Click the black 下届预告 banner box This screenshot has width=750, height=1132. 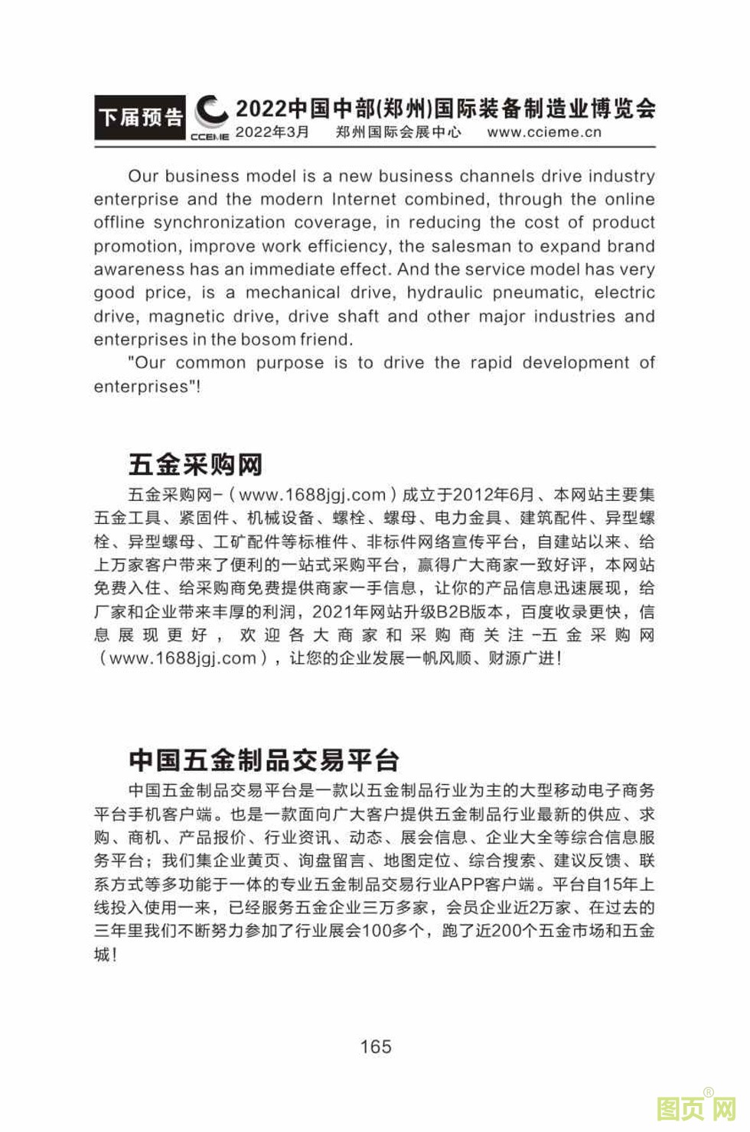pyautogui.click(x=140, y=117)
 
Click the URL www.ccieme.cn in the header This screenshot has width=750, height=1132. pyautogui.click(x=544, y=132)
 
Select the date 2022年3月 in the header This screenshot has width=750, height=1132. pyautogui.click(x=272, y=132)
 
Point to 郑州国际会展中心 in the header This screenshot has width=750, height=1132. pyautogui.click(x=399, y=132)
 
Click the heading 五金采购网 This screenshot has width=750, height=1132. pyautogui.click(x=195, y=464)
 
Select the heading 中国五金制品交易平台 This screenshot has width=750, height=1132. pyautogui.click(x=264, y=760)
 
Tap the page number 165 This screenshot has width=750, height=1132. pyautogui.click(x=376, y=1046)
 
